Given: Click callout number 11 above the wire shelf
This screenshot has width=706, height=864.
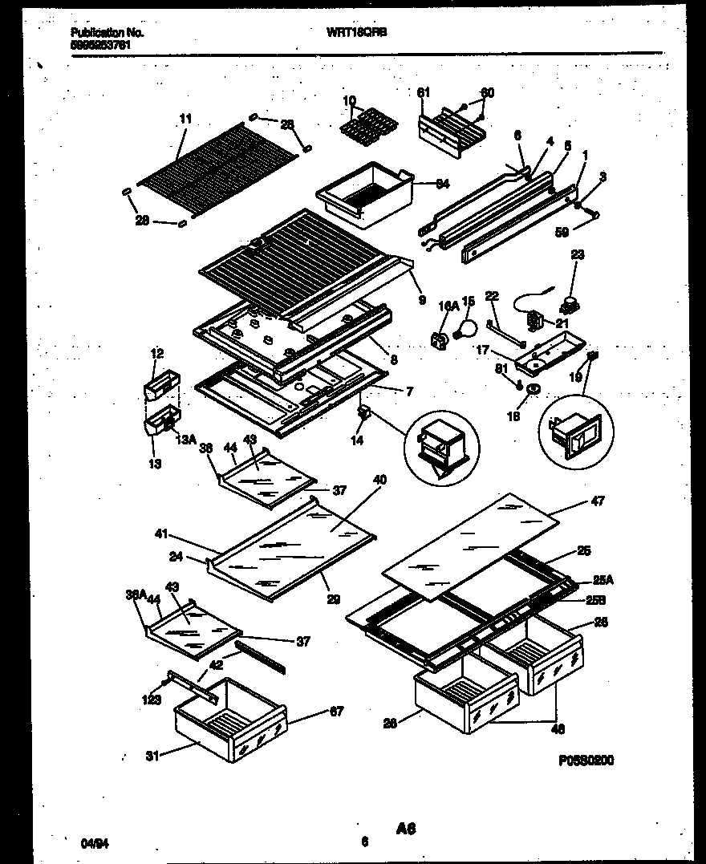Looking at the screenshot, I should coord(185,119).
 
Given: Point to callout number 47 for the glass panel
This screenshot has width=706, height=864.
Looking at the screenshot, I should coord(597,501).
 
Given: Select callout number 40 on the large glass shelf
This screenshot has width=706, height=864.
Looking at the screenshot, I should coord(379,480).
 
